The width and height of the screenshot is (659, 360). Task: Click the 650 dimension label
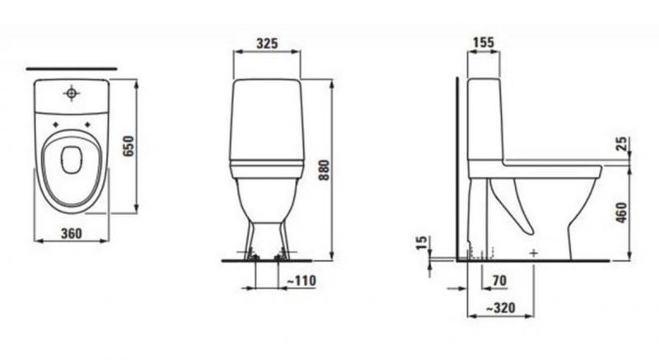(126, 146)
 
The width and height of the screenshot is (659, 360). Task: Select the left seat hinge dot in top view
(55, 125)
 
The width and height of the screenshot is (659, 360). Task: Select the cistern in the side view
(485, 119)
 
